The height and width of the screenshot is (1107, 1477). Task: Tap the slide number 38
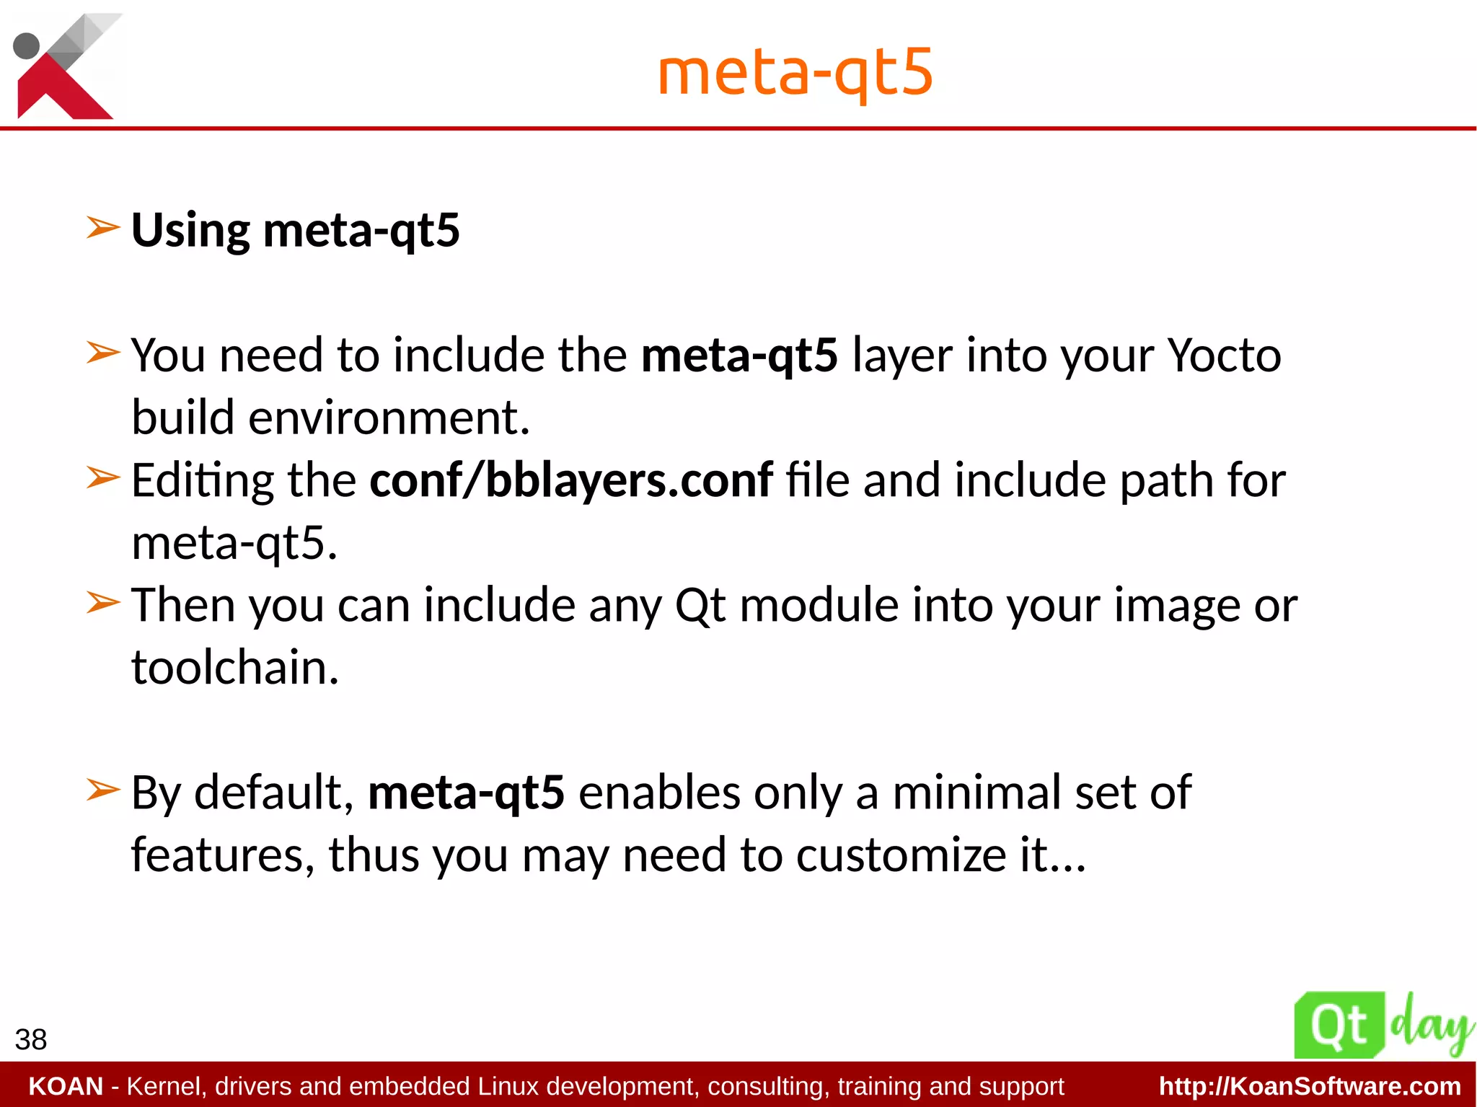click(x=31, y=1039)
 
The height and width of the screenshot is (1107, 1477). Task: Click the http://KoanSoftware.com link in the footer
click(x=1310, y=1086)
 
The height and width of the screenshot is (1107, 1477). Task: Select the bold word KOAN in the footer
click(x=66, y=1086)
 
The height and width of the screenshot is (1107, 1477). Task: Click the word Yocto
click(x=1224, y=355)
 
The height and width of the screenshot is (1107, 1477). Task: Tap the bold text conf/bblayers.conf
click(x=571, y=480)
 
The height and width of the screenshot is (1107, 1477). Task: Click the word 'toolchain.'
click(x=235, y=667)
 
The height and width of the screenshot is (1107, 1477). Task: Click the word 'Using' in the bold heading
click(x=190, y=231)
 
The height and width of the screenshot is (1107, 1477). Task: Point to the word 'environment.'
click(x=389, y=418)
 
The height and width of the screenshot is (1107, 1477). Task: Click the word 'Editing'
click(x=203, y=480)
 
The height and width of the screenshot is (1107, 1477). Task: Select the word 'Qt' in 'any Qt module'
click(x=700, y=605)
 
